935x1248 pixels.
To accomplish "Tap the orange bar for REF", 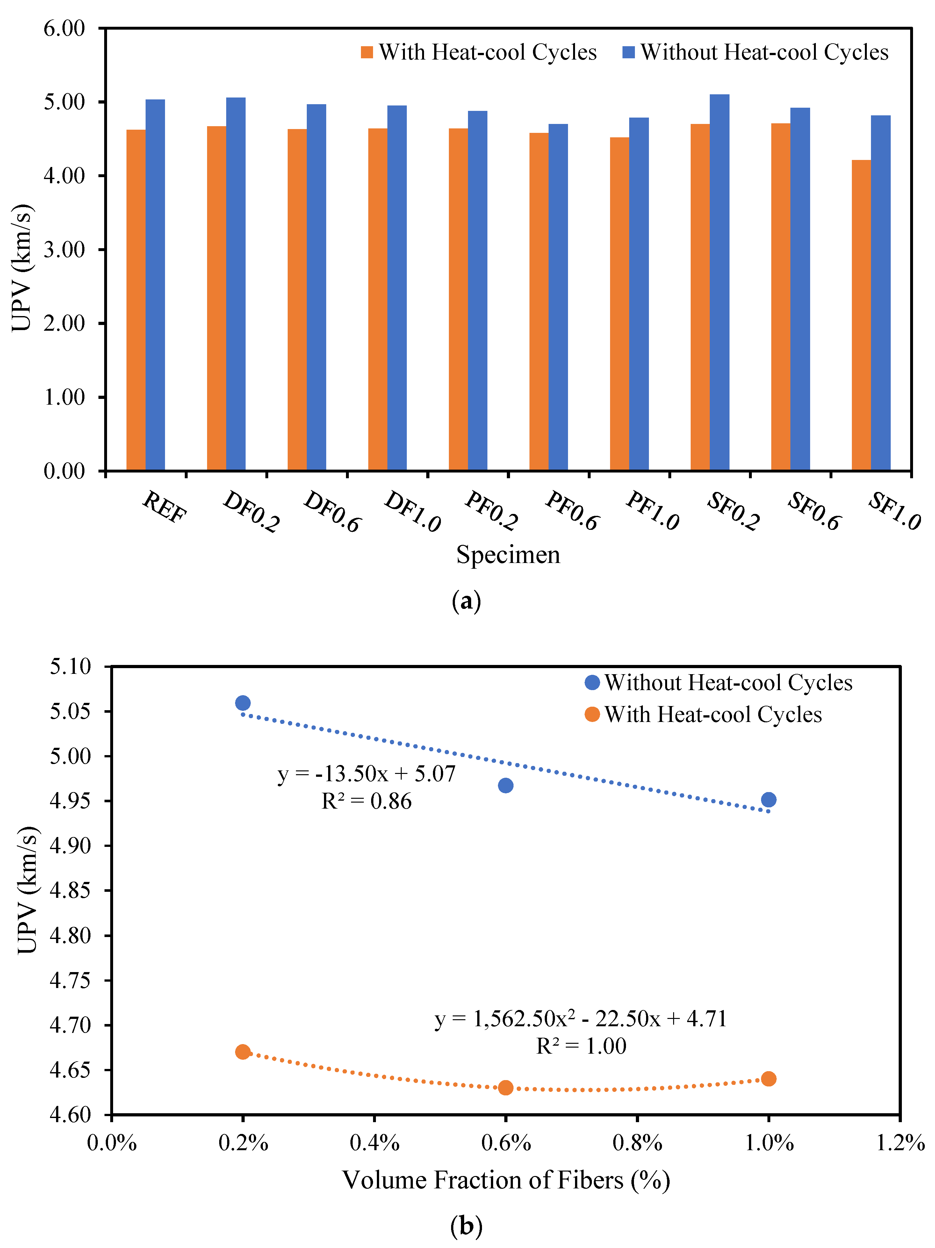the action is coord(136,300).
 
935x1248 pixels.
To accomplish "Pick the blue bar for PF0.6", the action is coord(558,297).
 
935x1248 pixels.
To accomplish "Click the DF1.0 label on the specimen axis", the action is coord(413,511).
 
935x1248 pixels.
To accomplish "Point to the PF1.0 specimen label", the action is coord(652,511).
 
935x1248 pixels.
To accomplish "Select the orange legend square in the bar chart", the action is coord(367,53).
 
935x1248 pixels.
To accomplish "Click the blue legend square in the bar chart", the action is coord(629,53).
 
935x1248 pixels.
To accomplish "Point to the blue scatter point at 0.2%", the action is coord(243,703).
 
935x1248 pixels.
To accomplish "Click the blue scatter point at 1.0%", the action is coord(768,799).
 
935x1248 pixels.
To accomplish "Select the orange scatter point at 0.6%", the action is coord(506,1087).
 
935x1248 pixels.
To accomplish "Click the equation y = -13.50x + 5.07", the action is coord(366,774).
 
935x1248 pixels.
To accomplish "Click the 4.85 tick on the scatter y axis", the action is coord(70,890).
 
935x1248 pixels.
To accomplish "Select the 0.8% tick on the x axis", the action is coord(637,1143).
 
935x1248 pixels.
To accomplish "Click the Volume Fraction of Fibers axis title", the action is coord(506,1180).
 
